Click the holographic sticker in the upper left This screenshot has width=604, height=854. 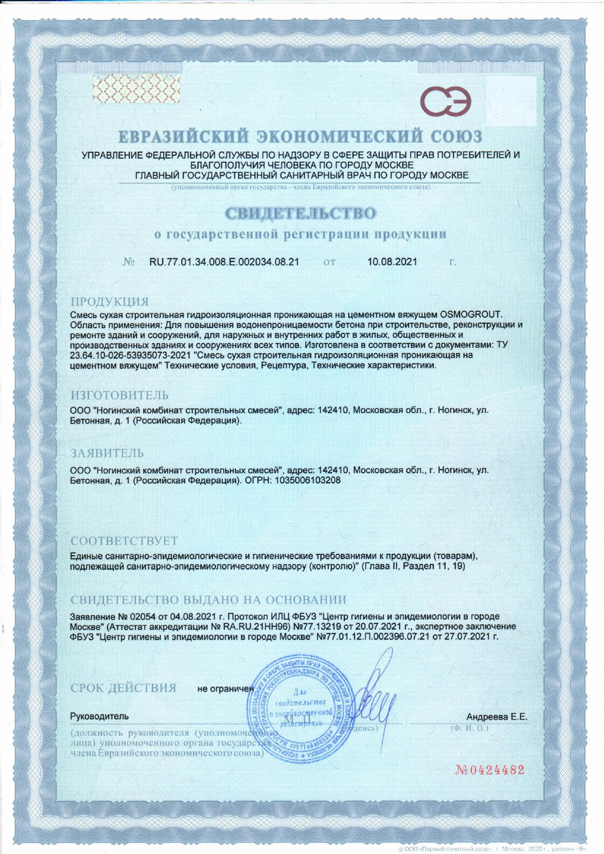point(136,89)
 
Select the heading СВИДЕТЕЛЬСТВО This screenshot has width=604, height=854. point(301,213)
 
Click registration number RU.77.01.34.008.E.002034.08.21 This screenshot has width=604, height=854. point(224,262)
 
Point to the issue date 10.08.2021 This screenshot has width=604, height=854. point(392,262)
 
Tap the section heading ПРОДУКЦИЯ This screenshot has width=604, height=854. point(110,302)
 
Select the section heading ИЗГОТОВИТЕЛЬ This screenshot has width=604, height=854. point(120,395)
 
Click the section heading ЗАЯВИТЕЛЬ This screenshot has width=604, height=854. point(107,454)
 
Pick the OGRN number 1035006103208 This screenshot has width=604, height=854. point(307,480)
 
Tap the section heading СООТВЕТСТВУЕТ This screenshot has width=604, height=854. point(124,541)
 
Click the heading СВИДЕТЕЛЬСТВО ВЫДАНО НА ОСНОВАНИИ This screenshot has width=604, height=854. point(208,600)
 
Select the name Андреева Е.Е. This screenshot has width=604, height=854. point(497,717)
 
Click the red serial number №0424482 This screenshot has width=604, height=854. point(490,770)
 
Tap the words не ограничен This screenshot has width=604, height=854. point(226,689)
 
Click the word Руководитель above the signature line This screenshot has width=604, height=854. point(100,717)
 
